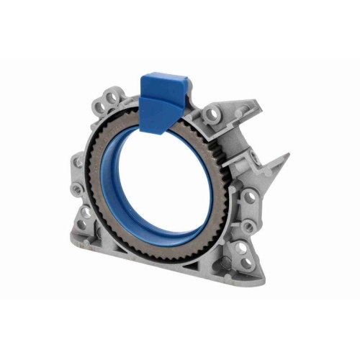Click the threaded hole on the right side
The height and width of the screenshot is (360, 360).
pos(250,195)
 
